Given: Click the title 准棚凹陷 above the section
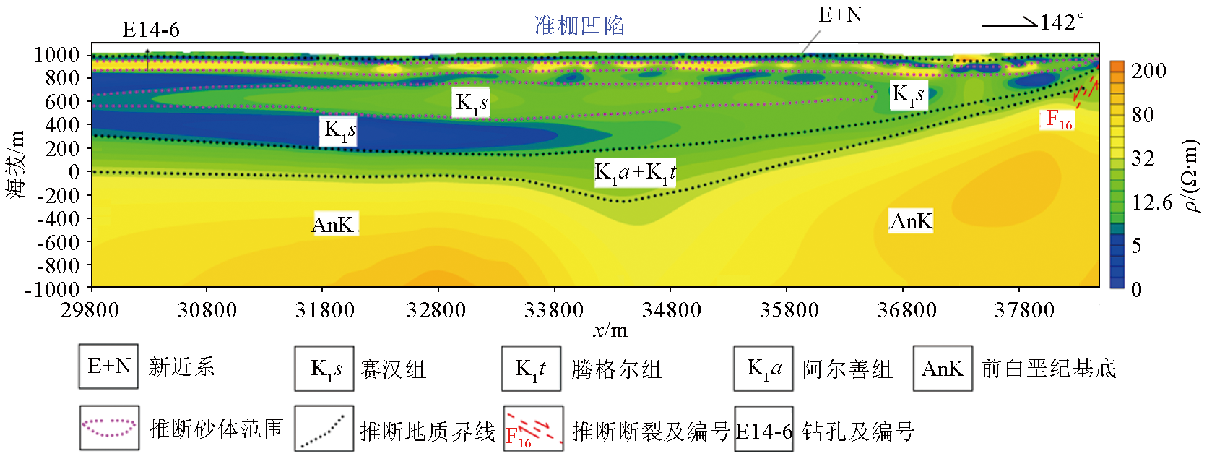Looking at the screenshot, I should (579, 26).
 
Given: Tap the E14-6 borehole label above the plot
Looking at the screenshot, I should (151, 30).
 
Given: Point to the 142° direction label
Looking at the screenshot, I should (1062, 22).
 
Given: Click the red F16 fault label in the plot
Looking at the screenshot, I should (1059, 119).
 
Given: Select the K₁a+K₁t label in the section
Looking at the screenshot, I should (634, 173).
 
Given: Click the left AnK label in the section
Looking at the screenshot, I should (333, 225).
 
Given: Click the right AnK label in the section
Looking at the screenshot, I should (911, 221).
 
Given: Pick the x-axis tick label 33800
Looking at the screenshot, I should (554, 310).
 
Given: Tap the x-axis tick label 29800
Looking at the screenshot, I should (90, 310).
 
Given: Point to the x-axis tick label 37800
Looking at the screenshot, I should (1024, 310).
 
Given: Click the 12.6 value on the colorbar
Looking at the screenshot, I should (1152, 202).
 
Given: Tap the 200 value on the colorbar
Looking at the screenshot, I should (1148, 71).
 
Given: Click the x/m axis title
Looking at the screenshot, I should (610, 331).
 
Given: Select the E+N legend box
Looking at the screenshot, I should (108, 366).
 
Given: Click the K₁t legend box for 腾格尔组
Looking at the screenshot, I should (531, 369).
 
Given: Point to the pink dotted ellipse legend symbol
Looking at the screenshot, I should (108, 428).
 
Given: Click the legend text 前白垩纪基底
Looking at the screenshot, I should (1048, 369).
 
